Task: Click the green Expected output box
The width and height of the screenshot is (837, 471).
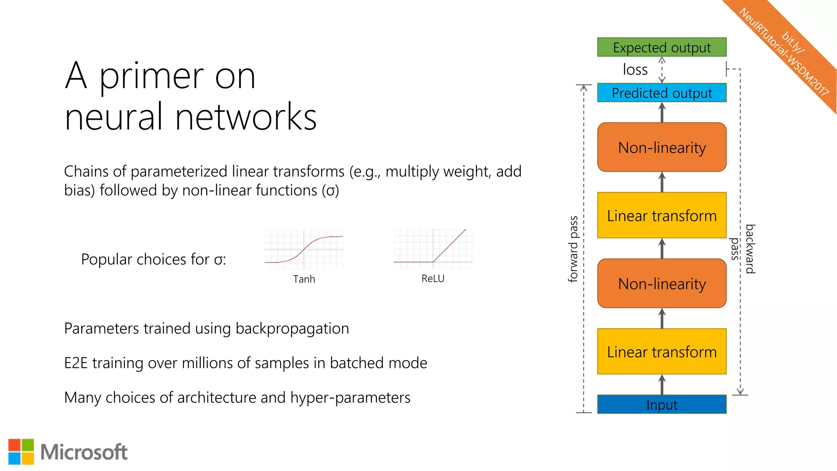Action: (x=661, y=47)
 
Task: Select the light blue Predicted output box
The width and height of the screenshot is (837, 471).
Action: (x=661, y=93)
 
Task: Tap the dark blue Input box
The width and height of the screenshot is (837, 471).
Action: (x=661, y=405)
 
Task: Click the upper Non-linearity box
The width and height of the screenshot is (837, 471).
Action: (x=661, y=147)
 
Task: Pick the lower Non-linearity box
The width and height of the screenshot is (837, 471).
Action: (x=661, y=283)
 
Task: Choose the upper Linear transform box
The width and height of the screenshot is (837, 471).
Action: (x=661, y=215)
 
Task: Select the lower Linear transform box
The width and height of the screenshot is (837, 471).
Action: (x=661, y=352)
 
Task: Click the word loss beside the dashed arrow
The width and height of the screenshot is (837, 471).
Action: (x=635, y=70)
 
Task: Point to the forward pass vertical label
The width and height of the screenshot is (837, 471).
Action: (x=573, y=249)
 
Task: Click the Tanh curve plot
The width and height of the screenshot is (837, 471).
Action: (x=304, y=249)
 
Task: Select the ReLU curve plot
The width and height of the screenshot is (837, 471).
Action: (x=433, y=249)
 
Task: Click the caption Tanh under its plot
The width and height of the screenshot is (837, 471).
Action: (x=304, y=279)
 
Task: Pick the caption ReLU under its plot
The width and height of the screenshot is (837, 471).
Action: (x=433, y=279)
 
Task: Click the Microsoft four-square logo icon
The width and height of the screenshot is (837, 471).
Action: (x=21, y=452)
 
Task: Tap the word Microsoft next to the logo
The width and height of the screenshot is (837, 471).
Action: (x=84, y=452)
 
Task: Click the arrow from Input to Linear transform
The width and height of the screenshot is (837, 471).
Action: (x=662, y=385)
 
